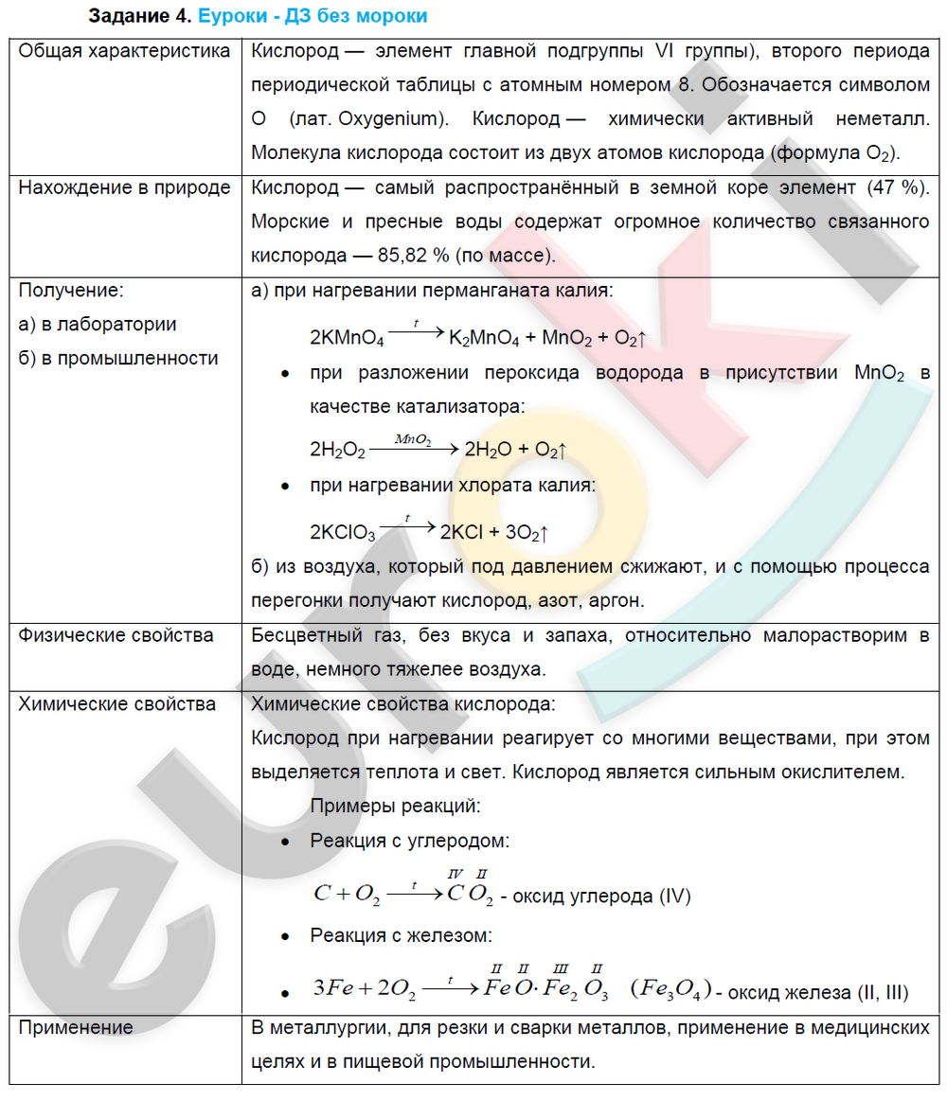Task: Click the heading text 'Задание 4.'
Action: point(140,16)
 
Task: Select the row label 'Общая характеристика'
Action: point(124,51)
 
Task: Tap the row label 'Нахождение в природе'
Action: point(124,187)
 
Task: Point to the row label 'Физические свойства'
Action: point(116,635)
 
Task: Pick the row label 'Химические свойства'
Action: point(116,703)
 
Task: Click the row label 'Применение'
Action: point(76,1027)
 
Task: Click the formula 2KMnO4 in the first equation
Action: point(347,338)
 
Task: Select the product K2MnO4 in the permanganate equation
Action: point(483,338)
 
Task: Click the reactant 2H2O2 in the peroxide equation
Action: point(337,450)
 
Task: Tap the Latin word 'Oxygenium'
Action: point(390,119)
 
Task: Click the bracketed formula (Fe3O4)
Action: point(670,990)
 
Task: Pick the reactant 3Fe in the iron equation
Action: point(332,990)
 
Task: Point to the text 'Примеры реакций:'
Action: point(395,807)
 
